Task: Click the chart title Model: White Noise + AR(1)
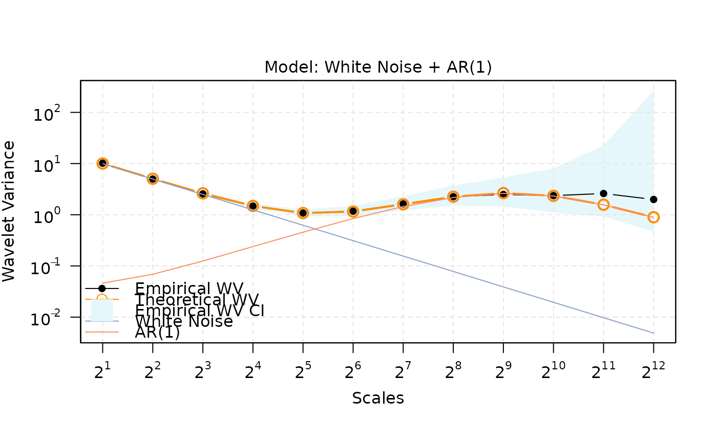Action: tap(378, 68)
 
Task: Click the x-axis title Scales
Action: tap(378, 398)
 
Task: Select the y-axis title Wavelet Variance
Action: tap(9, 211)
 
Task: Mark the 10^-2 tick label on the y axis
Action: tap(49, 318)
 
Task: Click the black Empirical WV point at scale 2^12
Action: tap(653, 200)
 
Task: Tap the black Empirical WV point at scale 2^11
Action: tap(603, 193)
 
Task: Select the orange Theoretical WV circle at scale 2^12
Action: tap(653, 217)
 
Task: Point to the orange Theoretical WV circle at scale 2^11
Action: tap(603, 205)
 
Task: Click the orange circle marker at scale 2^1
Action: tap(102, 163)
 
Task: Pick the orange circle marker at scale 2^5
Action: tap(303, 213)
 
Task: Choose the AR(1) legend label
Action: tap(157, 333)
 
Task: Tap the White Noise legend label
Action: tap(184, 322)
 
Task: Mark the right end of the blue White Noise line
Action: tap(653, 333)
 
